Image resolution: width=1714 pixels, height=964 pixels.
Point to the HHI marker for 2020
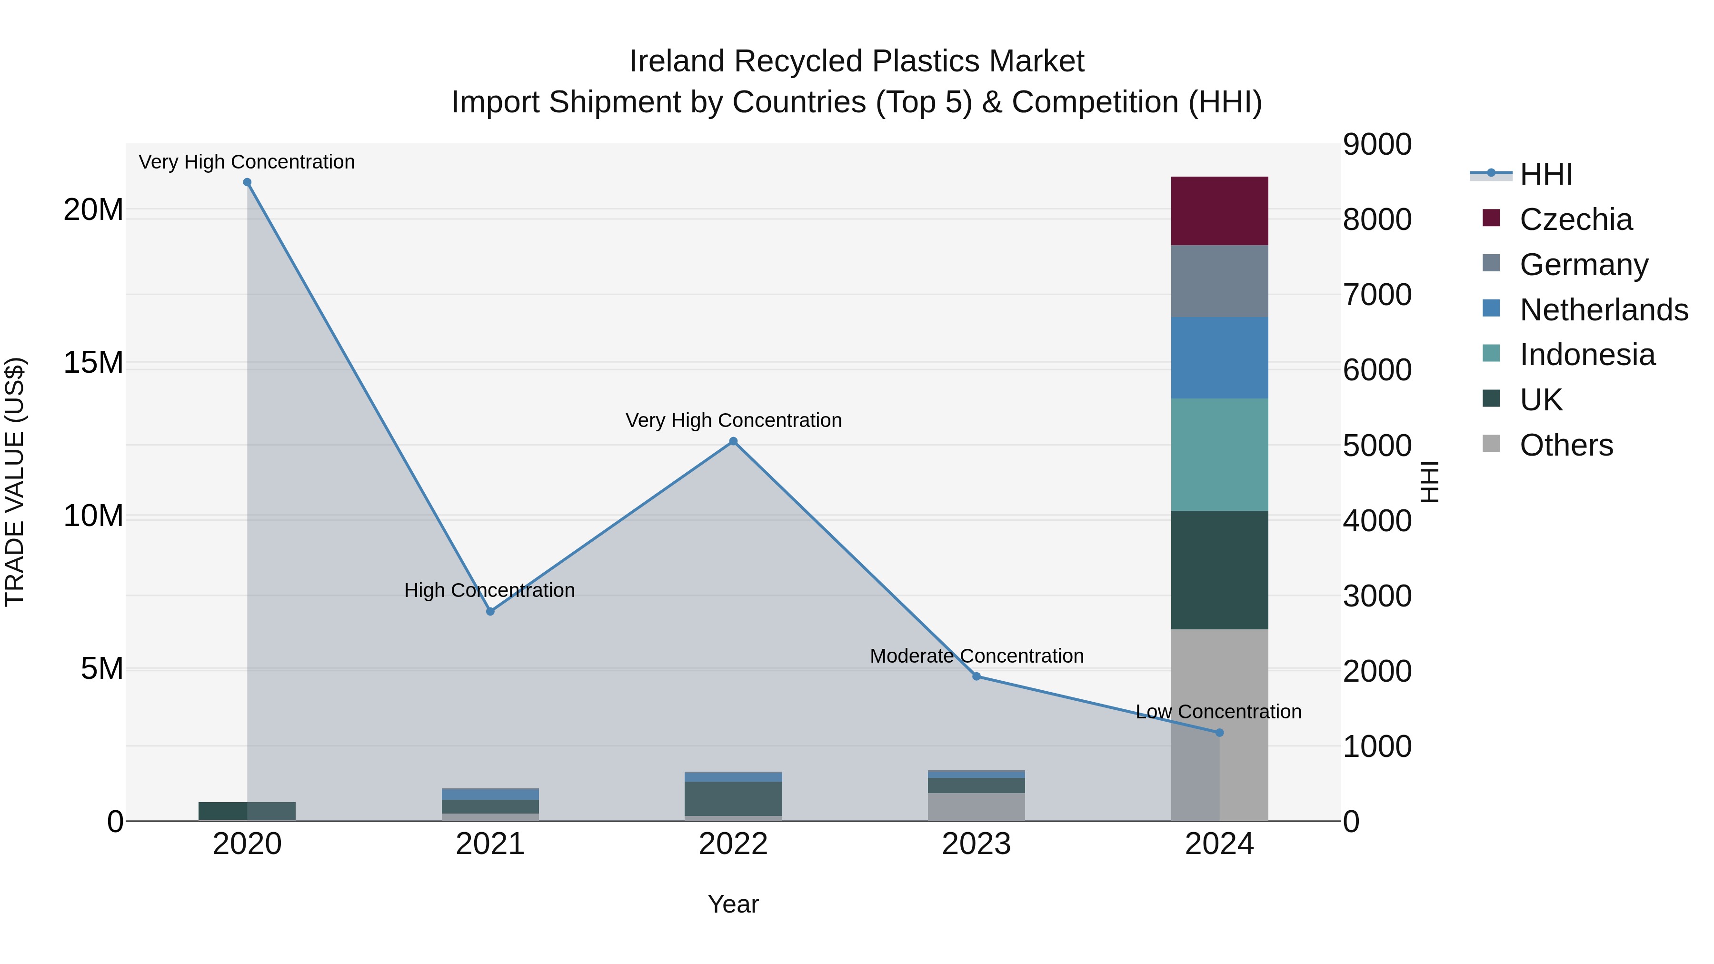pos(247,182)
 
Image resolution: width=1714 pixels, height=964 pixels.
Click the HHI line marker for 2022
pos(733,441)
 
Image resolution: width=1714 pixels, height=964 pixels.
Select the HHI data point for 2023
pos(976,676)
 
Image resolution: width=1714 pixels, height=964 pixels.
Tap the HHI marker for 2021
pos(490,611)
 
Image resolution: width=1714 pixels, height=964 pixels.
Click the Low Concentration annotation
pos(1218,712)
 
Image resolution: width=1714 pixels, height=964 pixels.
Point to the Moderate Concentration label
pos(976,656)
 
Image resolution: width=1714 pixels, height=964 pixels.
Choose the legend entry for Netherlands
pos(1604,310)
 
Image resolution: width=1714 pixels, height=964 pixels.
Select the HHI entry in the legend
pos(1545,174)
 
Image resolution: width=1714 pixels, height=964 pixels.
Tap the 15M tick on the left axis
pos(93,363)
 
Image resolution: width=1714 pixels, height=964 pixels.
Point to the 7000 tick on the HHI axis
pos(1376,295)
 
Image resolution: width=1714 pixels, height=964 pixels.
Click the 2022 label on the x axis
pos(733,844)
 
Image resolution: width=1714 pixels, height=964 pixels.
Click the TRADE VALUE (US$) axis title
pos(15,482)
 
